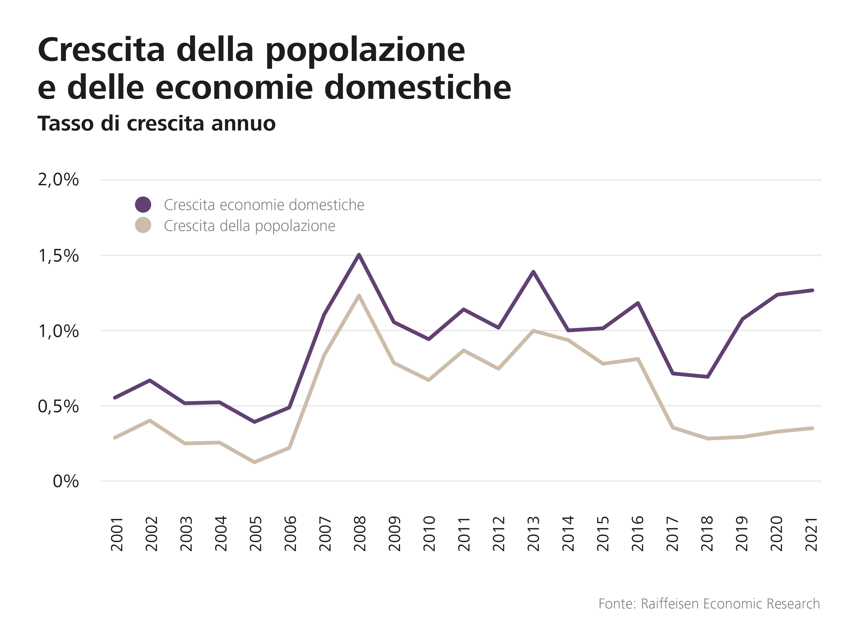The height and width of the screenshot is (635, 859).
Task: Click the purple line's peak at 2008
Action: (359, 255)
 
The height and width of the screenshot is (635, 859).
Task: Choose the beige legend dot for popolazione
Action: (143, 225)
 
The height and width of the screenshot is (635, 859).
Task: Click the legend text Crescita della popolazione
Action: (249, 226)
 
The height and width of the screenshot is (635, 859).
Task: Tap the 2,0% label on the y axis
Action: (59, 180)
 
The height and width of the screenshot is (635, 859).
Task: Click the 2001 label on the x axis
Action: (117, 534)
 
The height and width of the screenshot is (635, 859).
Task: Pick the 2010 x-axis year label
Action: (429, 534)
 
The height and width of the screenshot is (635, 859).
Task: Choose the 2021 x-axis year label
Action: (812, 534)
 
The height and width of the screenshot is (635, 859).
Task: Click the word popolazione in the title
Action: (365, 51)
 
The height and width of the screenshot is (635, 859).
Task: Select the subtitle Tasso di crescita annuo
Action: (156, 124)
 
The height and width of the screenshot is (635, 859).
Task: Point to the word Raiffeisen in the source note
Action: (670, 604)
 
